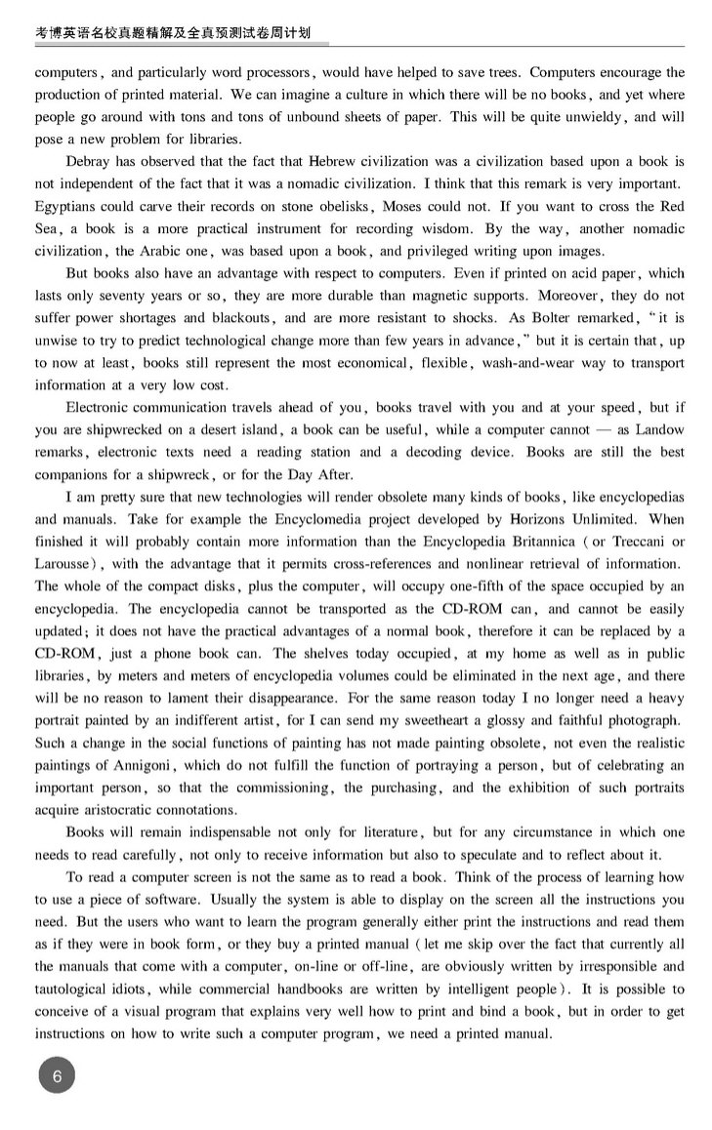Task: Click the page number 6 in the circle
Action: [58, 1076]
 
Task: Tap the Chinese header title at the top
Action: [172, 32]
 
